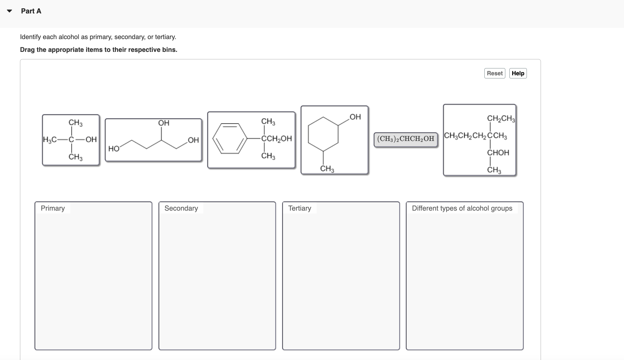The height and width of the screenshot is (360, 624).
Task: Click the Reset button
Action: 494,73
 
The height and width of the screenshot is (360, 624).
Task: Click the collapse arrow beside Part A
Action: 10,11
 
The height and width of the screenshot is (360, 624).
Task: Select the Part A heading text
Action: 31,11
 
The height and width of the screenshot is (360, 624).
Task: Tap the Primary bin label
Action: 53,208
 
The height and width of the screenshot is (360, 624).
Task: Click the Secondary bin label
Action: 181,208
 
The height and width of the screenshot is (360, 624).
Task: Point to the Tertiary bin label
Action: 300,208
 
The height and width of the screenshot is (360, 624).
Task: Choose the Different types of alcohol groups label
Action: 462,208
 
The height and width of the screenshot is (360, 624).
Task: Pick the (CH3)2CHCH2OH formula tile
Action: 405,139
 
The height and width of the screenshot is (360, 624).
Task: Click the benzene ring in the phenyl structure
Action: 230,138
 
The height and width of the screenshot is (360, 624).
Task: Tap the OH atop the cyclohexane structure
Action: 355,117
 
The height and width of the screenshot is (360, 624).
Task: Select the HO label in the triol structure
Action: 114,149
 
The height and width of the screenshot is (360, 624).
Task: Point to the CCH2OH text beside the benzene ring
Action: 276,138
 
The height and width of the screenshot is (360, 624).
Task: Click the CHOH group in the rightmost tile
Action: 498,153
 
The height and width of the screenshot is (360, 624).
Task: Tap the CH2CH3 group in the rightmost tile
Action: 501,118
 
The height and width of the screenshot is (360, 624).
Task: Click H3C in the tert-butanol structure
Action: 50,140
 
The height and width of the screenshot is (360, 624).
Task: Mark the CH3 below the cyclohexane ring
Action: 327,169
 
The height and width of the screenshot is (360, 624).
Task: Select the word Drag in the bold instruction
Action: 27,50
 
